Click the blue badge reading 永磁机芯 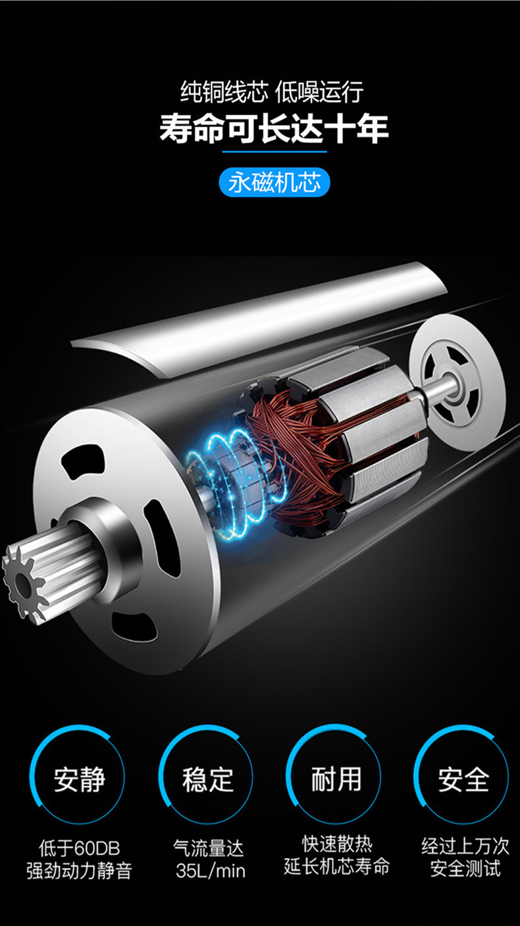point(274,182)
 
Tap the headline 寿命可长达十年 point(274,128)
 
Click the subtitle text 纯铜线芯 point(224,91)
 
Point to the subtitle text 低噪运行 point(319,91)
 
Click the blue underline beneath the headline point(274,152)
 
